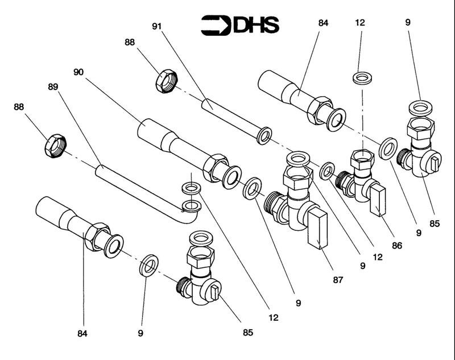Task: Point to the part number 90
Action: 78,72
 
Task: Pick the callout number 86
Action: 397,246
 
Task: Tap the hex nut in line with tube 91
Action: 167,80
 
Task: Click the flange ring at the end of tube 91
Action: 264,135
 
